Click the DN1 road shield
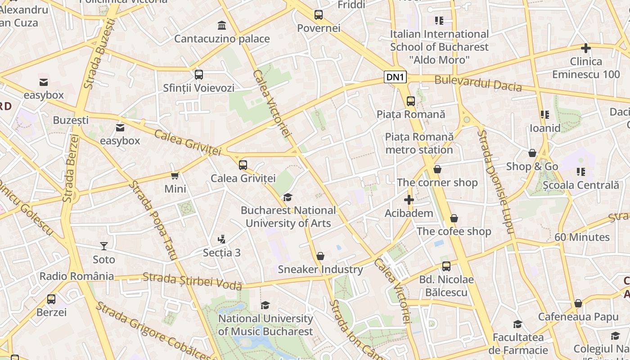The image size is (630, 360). tap(395, 77)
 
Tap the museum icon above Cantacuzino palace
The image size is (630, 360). tap(221, 25)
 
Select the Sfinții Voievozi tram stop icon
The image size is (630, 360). tap(198, 74)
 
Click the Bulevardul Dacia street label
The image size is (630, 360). tap(478, 84)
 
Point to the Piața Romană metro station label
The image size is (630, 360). tap(419, 143)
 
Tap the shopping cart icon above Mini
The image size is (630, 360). tap(175, 175)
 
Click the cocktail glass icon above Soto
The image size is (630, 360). tap(104, 246)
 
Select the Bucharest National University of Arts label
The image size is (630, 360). tap(288, 216)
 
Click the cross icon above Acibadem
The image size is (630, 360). tap(409, 199)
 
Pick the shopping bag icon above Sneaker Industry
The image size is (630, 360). tap(320, 256)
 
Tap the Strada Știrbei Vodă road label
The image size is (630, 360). tap(192, 281)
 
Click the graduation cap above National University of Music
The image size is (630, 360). tap(265, 305)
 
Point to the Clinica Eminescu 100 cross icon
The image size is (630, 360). tap(585, 48)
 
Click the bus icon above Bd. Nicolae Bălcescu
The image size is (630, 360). tap(446, 266)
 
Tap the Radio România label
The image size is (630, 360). tap(76, 276)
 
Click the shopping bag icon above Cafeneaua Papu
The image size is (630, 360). tap(578, 303)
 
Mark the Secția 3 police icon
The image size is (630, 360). tap(221, 239)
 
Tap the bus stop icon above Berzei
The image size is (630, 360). tap(51, 299)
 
